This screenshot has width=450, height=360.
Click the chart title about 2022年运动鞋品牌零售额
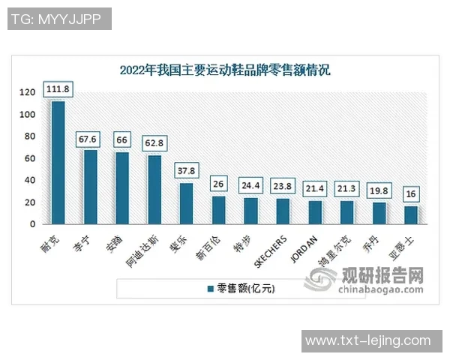pyautogui.click(x=225, y=70)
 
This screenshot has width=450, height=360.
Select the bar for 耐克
pyautogui.click(x=58, y=162)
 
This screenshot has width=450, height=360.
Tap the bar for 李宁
pyautogui.click(x=90, y=187)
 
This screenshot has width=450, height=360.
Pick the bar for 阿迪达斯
pyautogui.click(x=154, y=189)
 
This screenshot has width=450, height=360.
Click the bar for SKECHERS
pyautogui.click(x=283, y=211)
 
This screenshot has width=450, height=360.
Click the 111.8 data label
pyautogui.click(x=58, y=89)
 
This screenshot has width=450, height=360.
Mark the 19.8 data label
pyautogui.click(x=379, y=190)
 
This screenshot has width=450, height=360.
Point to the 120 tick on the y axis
pyautogui.click(x=28, y=92)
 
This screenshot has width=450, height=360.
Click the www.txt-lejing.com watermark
pyautogui.click(x=368, y=340)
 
